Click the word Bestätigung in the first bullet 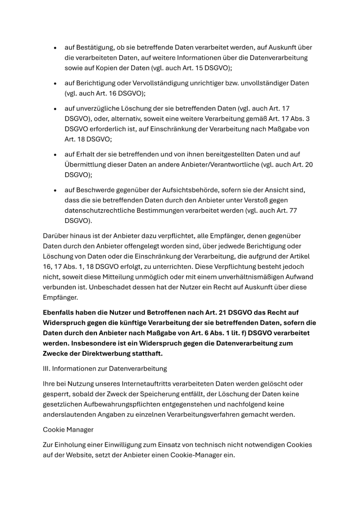(x=95, y=47)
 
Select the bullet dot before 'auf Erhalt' (x=55, y=154)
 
